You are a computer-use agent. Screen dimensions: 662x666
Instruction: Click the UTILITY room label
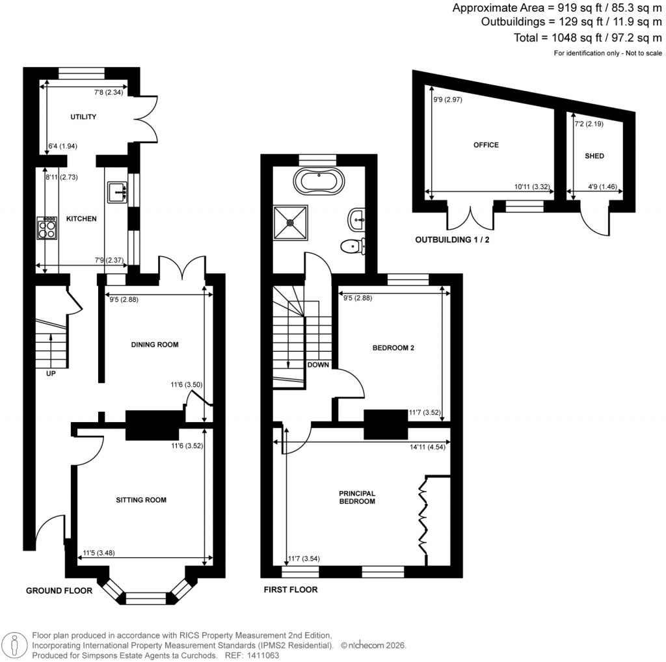tap(83, 117)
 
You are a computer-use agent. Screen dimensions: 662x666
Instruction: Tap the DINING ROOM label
tap(154, 345)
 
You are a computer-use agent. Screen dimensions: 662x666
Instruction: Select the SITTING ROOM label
tap(141, 500)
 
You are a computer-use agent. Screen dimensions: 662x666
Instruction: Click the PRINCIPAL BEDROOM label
tap(357, 497)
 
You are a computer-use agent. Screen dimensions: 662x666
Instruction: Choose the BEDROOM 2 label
tap(393, 348)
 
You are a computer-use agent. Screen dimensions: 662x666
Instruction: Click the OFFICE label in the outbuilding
tap(486, 145)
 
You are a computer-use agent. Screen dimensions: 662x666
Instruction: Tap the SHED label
tap(594, 156)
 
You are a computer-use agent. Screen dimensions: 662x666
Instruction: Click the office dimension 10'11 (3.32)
tap(532, 187)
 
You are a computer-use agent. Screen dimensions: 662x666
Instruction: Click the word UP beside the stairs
tap(51, 374)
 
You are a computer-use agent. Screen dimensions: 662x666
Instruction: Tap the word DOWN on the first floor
tap(318, 365)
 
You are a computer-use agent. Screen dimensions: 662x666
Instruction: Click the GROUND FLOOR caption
tap(59, 590)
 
